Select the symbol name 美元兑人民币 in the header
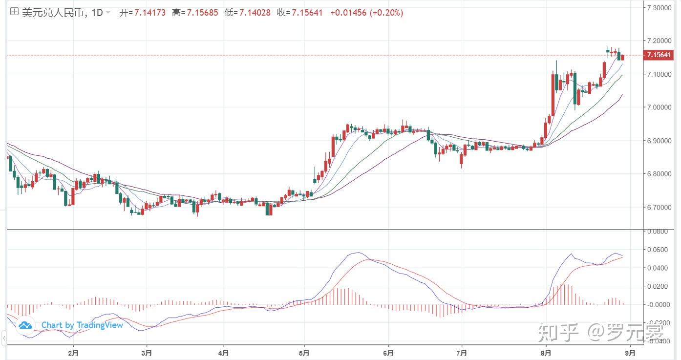point(53,13)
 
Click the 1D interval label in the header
point(97,13)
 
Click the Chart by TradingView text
point(82,325)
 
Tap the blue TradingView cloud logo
point(25,325)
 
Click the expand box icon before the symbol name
point(14,12)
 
